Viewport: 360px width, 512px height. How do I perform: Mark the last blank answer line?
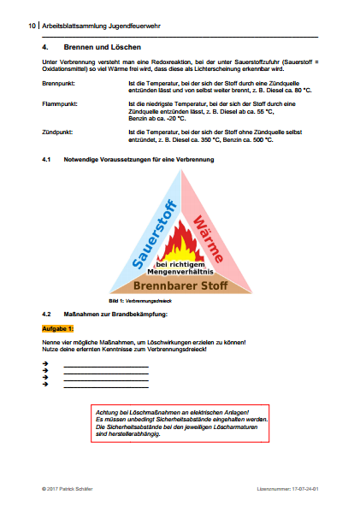click(106, 385)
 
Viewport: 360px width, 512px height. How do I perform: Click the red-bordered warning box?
click(180, 422)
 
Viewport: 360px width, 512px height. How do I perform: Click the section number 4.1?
click(48, 160)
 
